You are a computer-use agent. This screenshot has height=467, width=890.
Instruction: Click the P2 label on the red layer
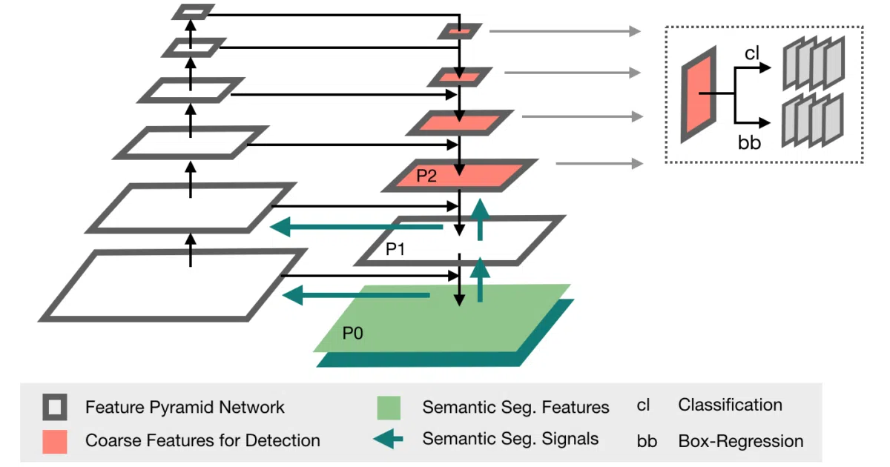coord(426,176)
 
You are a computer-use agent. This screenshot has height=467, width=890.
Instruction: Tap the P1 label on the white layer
coord(395,249)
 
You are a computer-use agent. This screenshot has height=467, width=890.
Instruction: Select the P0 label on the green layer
coord(352,333)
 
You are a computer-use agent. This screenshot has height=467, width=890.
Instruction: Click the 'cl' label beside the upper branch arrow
coord(752,53)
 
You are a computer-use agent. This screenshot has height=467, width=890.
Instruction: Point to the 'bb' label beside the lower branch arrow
coord(749,142)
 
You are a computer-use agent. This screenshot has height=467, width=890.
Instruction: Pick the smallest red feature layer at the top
coord(460,31)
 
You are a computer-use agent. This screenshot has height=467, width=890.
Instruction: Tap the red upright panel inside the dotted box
coord(699,95)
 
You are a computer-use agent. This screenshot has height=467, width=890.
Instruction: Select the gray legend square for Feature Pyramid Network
coord(55,407)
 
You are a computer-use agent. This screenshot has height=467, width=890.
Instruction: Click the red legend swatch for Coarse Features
coord(55,441)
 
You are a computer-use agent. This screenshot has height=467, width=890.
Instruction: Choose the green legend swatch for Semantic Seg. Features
coord(389,408)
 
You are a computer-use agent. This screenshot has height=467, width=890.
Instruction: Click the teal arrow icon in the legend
coord(388,439)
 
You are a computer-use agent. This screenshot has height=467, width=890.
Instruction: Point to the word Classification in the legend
coord(731,405)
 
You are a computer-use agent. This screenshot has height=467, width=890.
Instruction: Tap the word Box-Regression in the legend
coord(741,441)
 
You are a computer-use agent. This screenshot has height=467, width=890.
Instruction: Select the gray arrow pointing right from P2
coord(599,163)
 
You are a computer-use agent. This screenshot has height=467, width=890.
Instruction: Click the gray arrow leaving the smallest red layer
coord(565,31)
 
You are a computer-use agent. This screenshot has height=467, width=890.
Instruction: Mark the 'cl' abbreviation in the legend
coord(643,405)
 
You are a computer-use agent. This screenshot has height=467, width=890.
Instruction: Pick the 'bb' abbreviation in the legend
coord(647,441)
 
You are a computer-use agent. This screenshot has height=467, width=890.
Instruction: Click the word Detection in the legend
coord(283,440)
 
